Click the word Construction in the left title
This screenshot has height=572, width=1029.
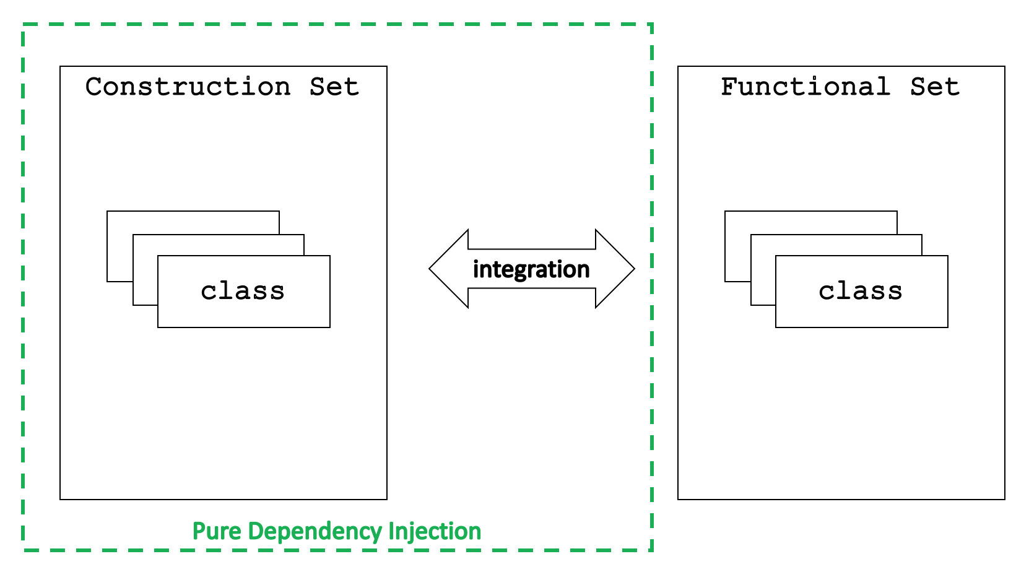coord(188,87)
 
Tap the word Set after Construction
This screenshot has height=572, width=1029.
coord(334,87)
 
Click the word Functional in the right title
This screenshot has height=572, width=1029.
coord(805,87)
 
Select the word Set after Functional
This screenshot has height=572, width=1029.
coord(935,87)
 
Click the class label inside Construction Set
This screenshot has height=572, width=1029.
coord(243,292)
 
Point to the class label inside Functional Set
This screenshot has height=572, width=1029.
coord(861,292)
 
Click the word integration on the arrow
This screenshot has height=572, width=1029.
coord(531,269)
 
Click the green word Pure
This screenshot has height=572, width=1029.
coord(217,532)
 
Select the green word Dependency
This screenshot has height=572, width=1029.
coord(315,532)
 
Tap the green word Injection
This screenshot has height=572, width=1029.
coord(435,532)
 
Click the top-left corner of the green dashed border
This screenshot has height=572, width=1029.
coord(23,24)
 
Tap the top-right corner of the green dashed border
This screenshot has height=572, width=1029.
coord(652,24)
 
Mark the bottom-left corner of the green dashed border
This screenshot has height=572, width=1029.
coord(23,550)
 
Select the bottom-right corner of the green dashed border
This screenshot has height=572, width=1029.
coord(652,550)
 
